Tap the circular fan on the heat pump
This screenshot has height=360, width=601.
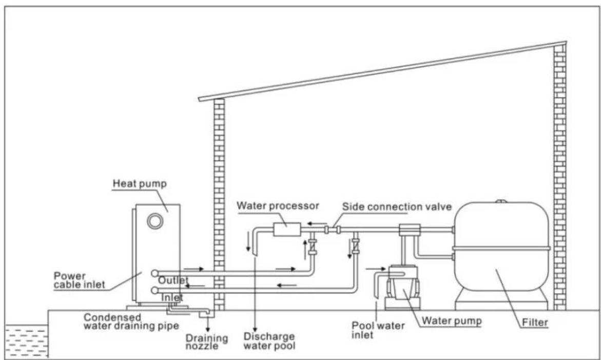pyautogui.click(x=153, y=221)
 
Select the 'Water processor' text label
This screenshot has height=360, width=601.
pyautogui.click(x=277, y=206)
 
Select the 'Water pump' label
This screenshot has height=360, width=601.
pyautogui.click(x=451, y=321)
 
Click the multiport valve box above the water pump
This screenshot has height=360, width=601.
pyautogui.click(x=409, y=230)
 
